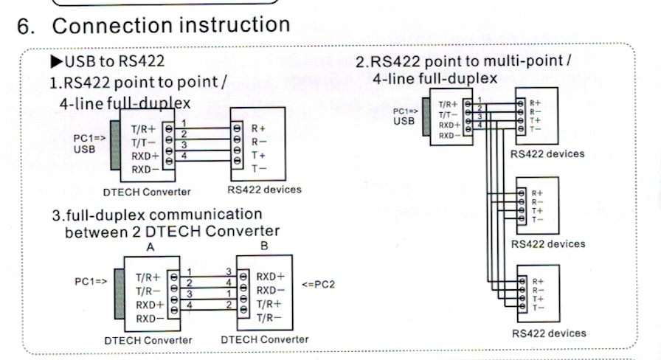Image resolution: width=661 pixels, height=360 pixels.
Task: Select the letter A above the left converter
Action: pos(150,248)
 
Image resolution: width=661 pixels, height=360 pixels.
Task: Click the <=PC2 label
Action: pos(318,284)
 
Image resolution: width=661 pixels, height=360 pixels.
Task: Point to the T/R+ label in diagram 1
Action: pos(144,128)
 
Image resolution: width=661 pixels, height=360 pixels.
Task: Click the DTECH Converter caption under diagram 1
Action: pos(147,192)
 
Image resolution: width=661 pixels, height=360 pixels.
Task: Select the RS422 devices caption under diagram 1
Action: pos(264,190)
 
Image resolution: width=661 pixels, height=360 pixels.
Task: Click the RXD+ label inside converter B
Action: pos(271,277)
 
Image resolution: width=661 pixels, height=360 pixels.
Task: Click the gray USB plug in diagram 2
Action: pos(426,117)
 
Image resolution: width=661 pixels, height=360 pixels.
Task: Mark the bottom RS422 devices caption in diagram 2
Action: pos(548,333)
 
